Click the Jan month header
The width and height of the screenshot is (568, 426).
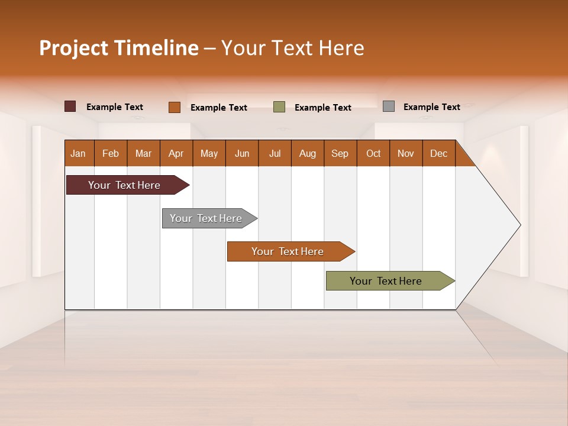coord(79,153)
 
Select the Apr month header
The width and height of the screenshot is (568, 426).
coord(176,153)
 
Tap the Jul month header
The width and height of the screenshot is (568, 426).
coord(275,153)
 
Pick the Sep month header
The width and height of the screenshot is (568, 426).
coord(340,153)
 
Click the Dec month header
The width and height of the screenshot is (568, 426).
coord(438,153)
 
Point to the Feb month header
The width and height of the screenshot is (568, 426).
coord(111,153)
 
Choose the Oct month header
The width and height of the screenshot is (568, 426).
coord(373,153)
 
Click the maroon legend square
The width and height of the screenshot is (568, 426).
coord(70,106)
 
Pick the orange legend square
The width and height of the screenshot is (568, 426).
coord(175,107)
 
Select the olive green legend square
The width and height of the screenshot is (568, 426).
coord(279,107)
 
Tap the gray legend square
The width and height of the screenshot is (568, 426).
coord(389,106)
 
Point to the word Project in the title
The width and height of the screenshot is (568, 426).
coord(72,48)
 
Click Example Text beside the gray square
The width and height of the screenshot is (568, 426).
coord(431,107)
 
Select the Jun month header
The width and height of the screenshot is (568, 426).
coord(242,153)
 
